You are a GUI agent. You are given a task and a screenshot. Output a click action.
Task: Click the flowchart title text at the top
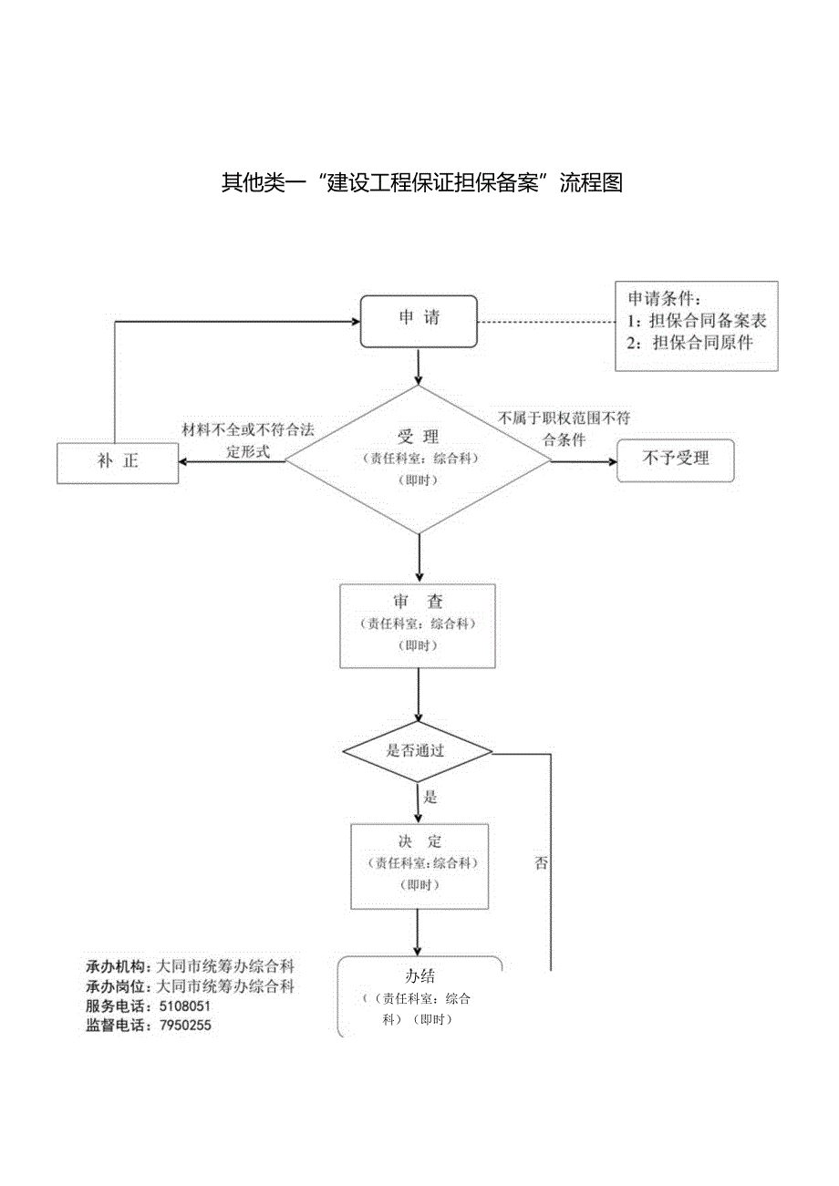point(421,183)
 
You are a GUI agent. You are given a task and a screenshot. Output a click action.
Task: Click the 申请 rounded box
point(419,321)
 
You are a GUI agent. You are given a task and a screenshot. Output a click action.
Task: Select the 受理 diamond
point(419,459)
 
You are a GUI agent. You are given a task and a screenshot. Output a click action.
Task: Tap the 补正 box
point(117,462)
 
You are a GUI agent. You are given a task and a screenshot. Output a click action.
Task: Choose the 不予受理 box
point(675,459)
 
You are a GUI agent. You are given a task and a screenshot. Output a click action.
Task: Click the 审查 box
point(418,624)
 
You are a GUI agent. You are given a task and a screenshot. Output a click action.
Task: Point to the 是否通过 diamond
point(418,752)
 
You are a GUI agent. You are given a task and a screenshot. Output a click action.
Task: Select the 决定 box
point(419,865)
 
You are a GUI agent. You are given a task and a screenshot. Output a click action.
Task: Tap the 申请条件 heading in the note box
point(665,298)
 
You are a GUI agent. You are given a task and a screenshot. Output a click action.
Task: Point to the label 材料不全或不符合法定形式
point(247,440)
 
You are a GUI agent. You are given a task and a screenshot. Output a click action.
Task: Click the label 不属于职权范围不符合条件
point(564,428)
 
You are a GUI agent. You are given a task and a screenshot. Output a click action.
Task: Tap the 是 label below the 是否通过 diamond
point(430,797)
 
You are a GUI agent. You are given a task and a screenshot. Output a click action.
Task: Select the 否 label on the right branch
point(542,863)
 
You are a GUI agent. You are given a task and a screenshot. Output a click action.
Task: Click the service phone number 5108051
point(185,1006)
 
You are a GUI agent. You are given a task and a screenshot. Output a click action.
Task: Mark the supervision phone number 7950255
point(185,1026)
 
